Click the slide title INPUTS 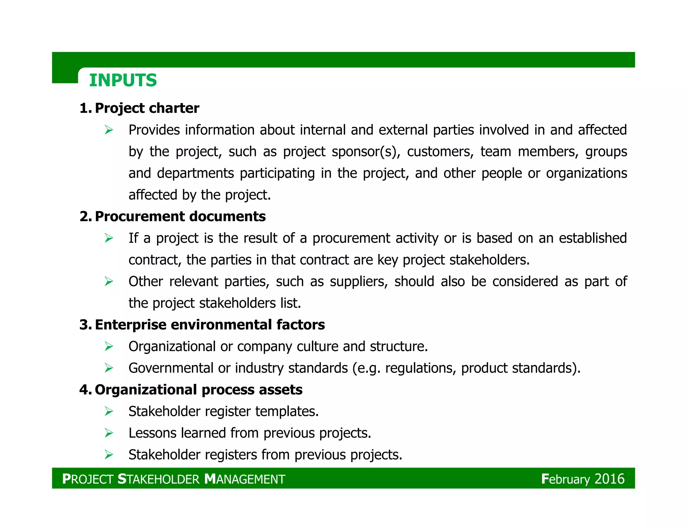[123, 80]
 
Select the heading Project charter [147, 108]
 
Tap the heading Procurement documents [180, 216]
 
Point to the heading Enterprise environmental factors [210, 325]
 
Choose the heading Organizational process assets [199, 390]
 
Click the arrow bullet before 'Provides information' [109, 130]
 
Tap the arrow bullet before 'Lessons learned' [109, 433]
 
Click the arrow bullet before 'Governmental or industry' [109, 368]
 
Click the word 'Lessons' [152, 433]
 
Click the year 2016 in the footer [610, 479]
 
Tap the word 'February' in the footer [565, 479]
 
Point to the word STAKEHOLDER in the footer [159, 479]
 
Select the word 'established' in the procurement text [593, 238]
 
